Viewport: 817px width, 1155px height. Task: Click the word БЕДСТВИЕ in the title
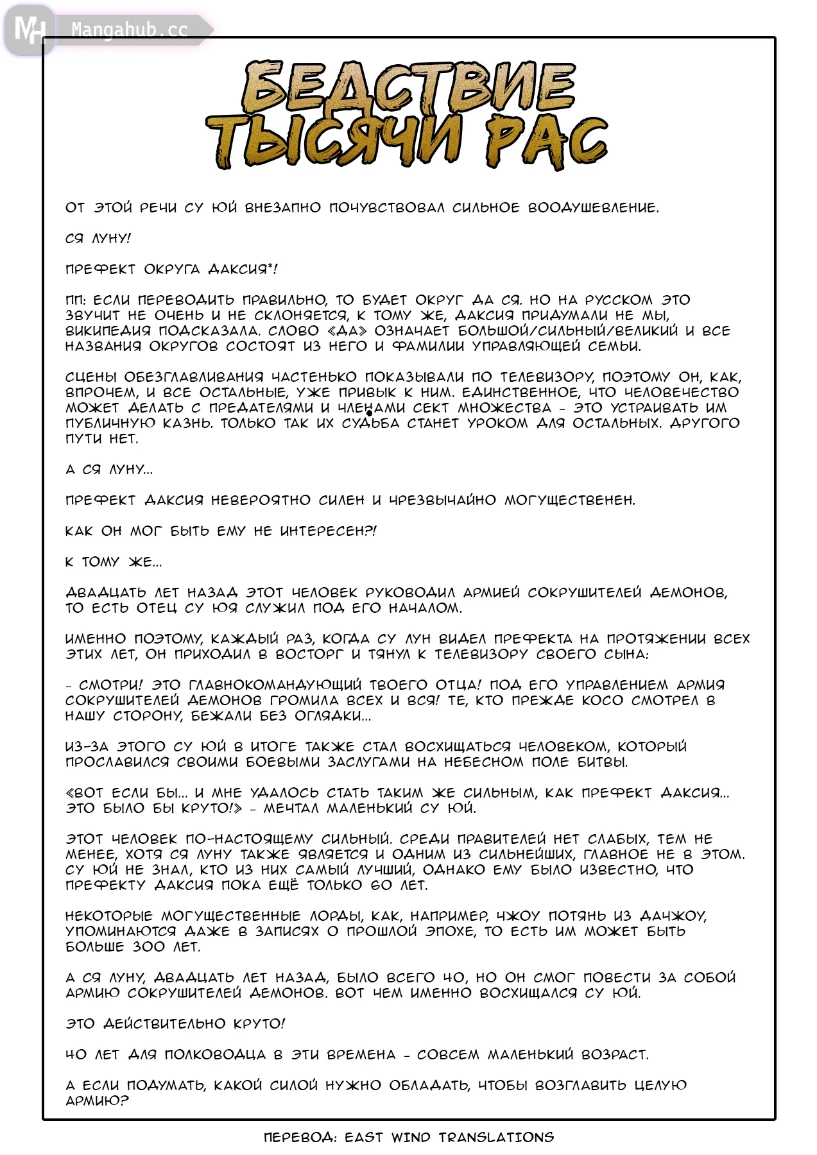(x=408, y=87)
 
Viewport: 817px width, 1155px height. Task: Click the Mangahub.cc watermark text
(x=129, y=30)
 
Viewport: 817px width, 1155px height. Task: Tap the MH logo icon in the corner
(x=29, y=30)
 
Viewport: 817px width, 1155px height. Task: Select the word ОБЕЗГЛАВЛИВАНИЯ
(x=194, y=377)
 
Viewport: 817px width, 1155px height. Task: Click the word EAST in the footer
(x=364, y=1138)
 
